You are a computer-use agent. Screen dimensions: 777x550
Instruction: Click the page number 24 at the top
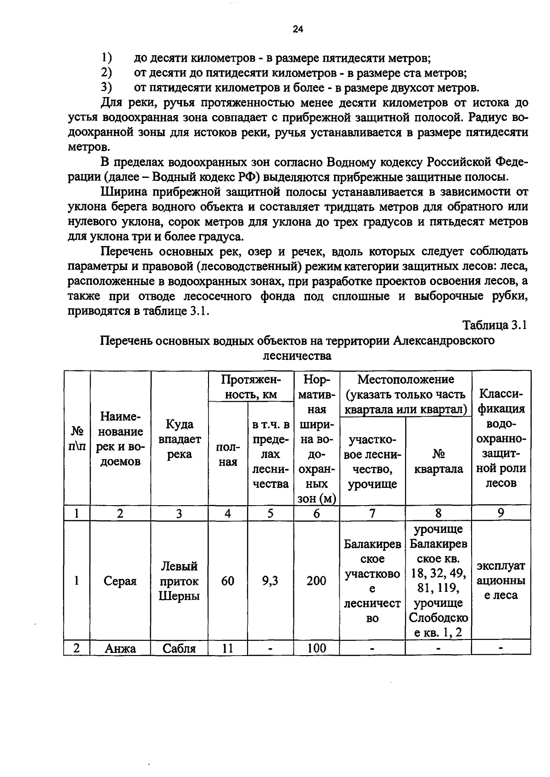(298, 30)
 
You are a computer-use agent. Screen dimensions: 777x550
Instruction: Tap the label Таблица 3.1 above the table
(495, 325)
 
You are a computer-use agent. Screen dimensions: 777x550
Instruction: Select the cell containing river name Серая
(120, 581)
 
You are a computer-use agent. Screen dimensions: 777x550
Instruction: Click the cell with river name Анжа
(120, 648)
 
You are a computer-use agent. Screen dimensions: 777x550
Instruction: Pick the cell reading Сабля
(179, 648)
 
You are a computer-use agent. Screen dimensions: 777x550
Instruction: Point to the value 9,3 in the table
(270, 581)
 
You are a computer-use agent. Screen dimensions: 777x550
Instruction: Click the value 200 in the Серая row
(316, 581)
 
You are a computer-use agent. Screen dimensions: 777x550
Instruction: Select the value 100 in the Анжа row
(316, 648)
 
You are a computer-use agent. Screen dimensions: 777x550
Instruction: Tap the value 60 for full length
(227, 581)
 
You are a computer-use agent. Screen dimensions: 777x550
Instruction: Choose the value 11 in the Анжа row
(227, 648)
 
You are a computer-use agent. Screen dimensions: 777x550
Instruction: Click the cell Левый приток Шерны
(179, 581)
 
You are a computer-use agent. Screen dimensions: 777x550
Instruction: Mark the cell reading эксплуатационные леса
(501, 581)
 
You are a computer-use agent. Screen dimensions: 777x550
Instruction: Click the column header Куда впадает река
(179, 439)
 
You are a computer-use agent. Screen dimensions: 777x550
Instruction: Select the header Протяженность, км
(250, 387)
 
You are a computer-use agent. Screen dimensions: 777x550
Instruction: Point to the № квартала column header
(438, 461)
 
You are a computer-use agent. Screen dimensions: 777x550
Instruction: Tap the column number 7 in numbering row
(372, 513)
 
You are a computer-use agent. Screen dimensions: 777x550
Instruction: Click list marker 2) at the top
(106, 72)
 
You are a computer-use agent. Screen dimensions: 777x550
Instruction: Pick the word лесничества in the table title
(297, 356)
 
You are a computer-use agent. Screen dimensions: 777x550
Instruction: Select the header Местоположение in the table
(406, 380)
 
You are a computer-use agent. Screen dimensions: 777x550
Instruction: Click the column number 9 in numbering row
(501, 513)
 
